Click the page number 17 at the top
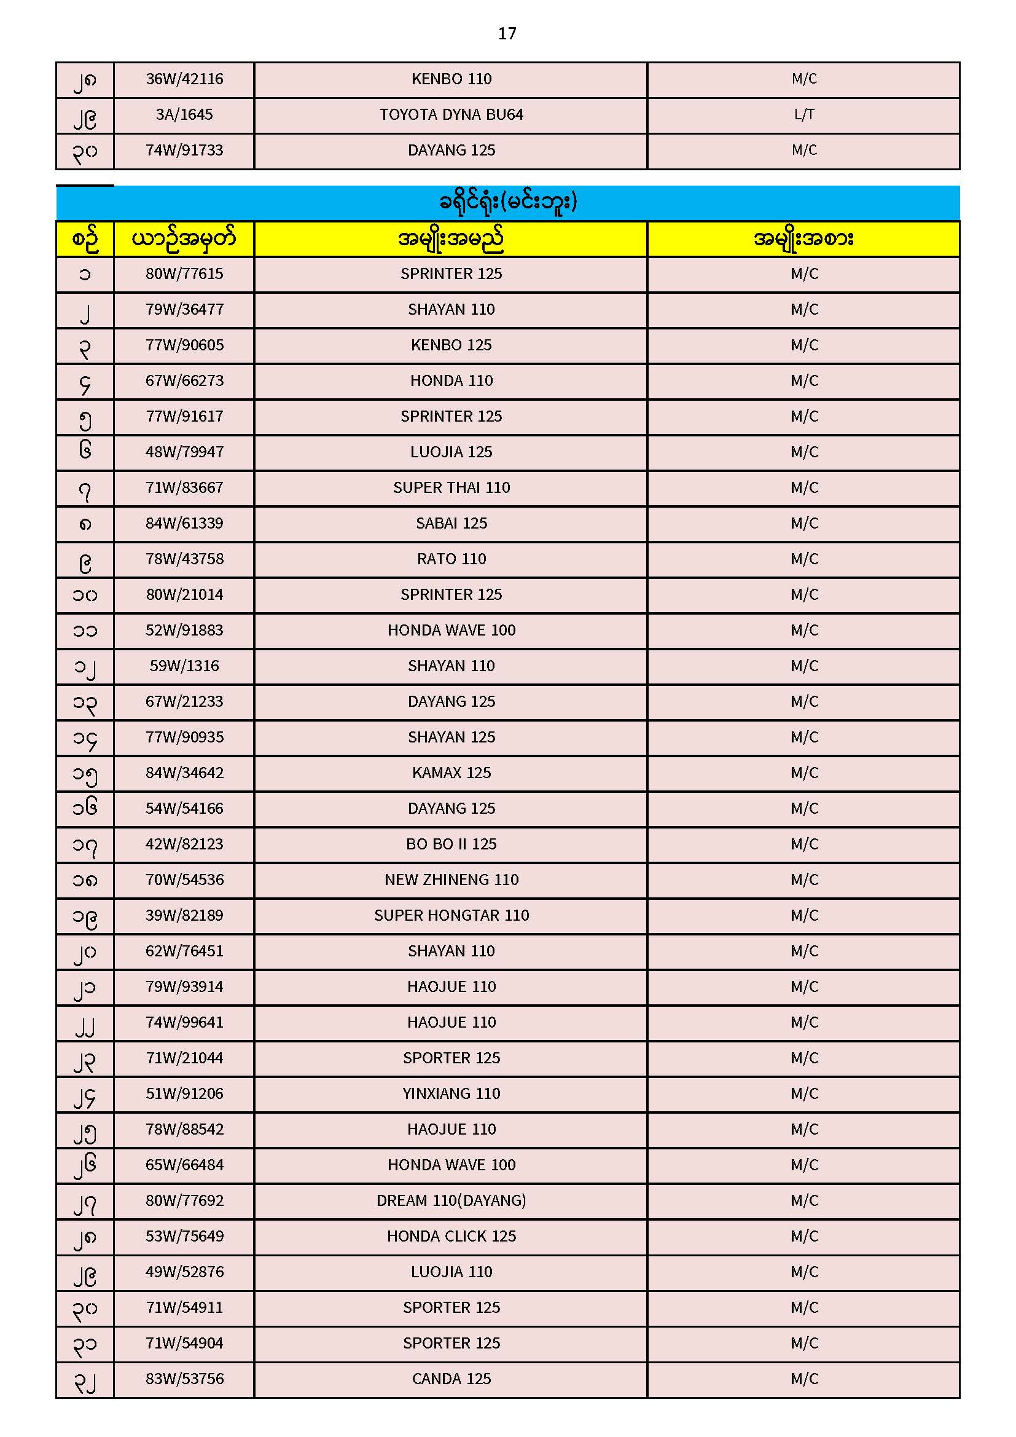pyautogui.click(x=507, y=34)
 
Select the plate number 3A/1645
pyautogui.click(x=184, y=114)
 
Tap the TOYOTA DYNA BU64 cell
pyautogui.click(x=451, y=114)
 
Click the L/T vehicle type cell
pyautogui.click(x=804, y=114)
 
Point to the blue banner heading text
pyautogui.click(x=507, y=202)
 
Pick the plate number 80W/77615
pyautogui.click(x=184, y=274)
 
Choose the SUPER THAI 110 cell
pyautogui.click(x=451, y=487)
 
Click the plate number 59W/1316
pyautogui.click(x=184, y=666)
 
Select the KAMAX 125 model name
pyautogui.click(x=451, y=773)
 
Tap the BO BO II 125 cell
pyautogui.click(x=451, y=844)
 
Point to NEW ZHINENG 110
pyautogui.click(x=451, y=880)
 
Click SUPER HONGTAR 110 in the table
pyautogui.click(x=451, y=916)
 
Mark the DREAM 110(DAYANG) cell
pyautogui.click(x=451, y=1200)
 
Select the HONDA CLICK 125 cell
pyautogui.click(x=451, y=1236)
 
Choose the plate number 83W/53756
pyautogui.click(x=184, y=1379)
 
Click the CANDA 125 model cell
pyautogui.click(x=451, y=1379)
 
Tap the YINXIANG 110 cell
pyautogui.click(x=451, y=1093)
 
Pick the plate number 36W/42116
pyautogui.click(x=184, y=79)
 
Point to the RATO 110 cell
pyautogui.click(x=451, y=559)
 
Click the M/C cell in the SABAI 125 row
pyautogui.click(x=804, y=523)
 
